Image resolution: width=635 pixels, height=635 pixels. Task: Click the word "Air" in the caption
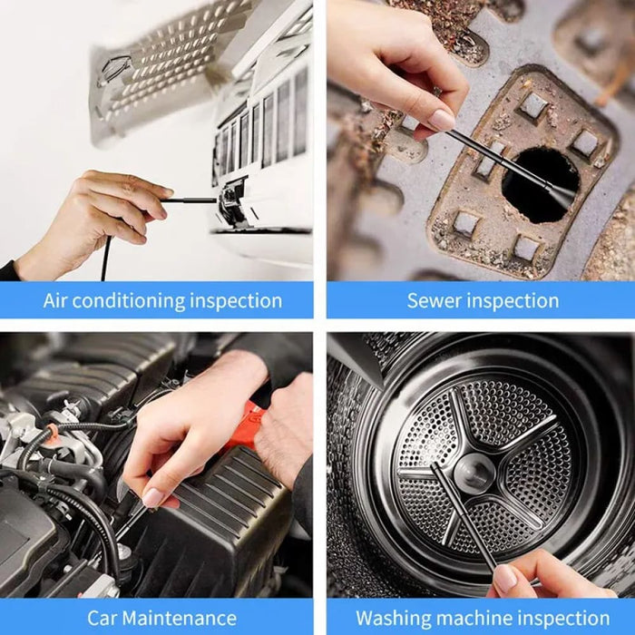click(58, 301)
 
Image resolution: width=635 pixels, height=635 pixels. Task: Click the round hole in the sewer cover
click(541, 183)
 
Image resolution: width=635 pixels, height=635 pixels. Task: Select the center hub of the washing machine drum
click(474, 469)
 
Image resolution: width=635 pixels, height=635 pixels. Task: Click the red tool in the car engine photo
click(245, 426)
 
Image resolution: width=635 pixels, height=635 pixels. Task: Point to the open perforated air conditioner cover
click(172, 63)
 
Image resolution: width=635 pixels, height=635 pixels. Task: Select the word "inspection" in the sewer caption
click(513, 301)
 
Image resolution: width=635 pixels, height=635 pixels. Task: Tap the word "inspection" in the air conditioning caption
click(235, 301)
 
